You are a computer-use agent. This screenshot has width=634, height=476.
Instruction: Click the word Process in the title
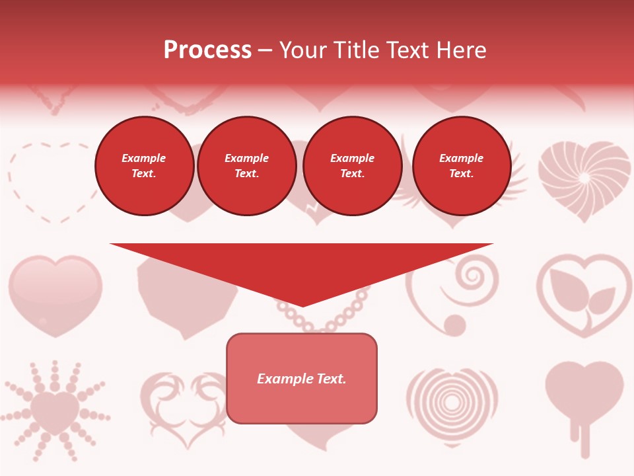207,50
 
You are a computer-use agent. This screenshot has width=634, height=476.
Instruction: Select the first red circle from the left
144,166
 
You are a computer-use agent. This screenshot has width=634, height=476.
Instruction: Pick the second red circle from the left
247,166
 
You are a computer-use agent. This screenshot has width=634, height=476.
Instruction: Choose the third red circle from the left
353,166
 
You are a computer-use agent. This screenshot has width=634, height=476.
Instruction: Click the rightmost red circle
462,166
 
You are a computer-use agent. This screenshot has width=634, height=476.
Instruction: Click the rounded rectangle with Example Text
302,378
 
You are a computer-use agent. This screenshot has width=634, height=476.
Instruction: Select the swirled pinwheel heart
584,178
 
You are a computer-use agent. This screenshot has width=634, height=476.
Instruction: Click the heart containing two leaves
584,294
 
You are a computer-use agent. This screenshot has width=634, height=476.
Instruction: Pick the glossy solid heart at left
55,294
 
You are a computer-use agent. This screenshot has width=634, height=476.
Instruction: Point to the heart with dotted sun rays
55,410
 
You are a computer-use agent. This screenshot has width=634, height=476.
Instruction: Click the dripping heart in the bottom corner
584,397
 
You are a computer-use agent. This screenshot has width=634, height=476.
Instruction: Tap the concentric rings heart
452,400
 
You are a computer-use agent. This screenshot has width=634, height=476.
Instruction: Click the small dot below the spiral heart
454,324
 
